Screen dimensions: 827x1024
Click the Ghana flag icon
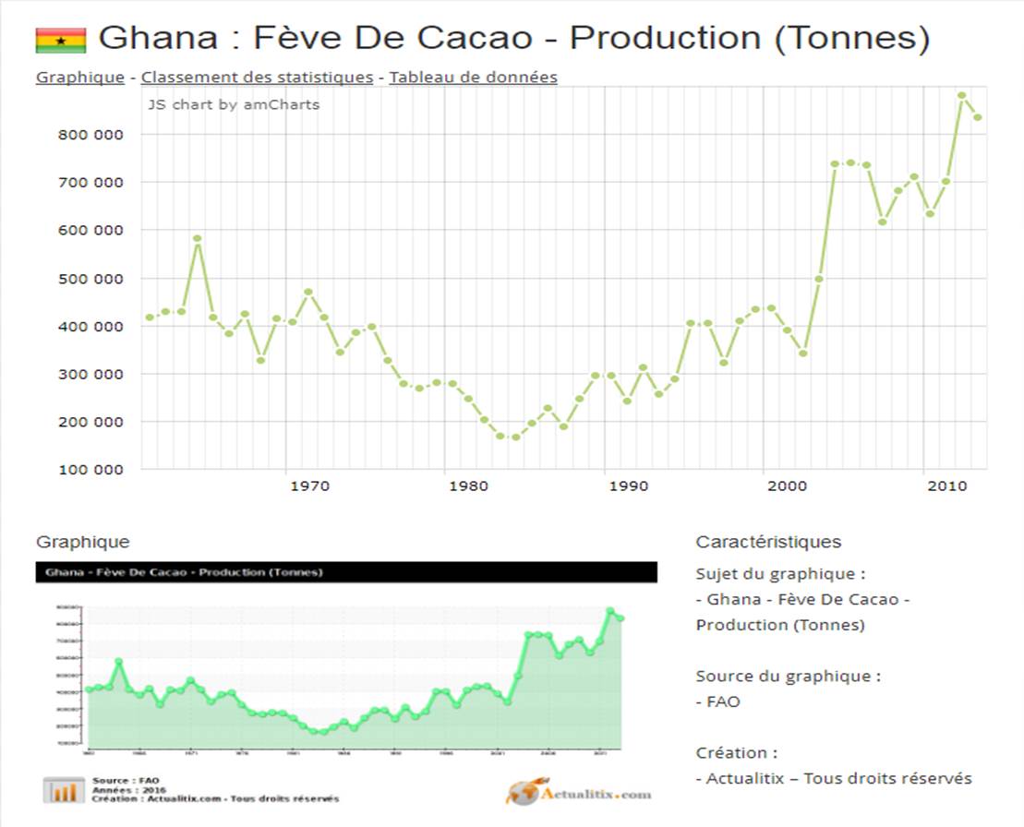click(x=61, y=40)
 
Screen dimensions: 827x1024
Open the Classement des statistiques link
click(x=257, y=78)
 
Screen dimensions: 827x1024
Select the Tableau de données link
click(x=473, y=78)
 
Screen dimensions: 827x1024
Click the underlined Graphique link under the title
click(x=79, y=78)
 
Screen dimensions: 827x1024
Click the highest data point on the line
click(x=961, y=95)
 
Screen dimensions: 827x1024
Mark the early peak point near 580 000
click(x=197, y=239)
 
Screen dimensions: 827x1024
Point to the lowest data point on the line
click(x=515, y=437)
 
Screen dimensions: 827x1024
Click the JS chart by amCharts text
click(x=234, y=104)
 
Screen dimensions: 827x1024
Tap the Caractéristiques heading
click(x=768, y=542)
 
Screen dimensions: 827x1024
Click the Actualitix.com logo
click(x=578, y=793)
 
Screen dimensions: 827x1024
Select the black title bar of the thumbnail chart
click(x=346, y=572)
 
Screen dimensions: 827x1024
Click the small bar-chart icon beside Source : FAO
click(x=64, y=790)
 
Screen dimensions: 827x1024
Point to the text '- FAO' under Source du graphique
click(x=718, y=701)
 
